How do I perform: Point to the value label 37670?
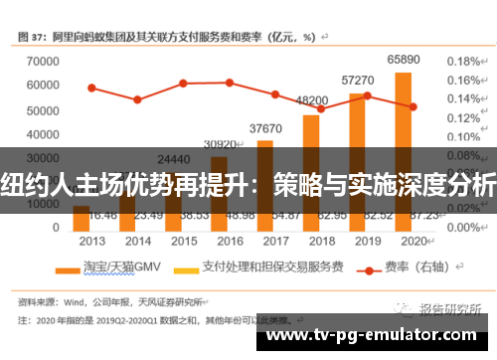pos(264,128)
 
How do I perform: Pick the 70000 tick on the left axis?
pos(39,61)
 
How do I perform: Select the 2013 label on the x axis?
pos(91,241)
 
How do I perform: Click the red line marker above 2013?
pos(91,88)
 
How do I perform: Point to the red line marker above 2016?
pos(230,83)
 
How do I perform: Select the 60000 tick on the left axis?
pos(39,86)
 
